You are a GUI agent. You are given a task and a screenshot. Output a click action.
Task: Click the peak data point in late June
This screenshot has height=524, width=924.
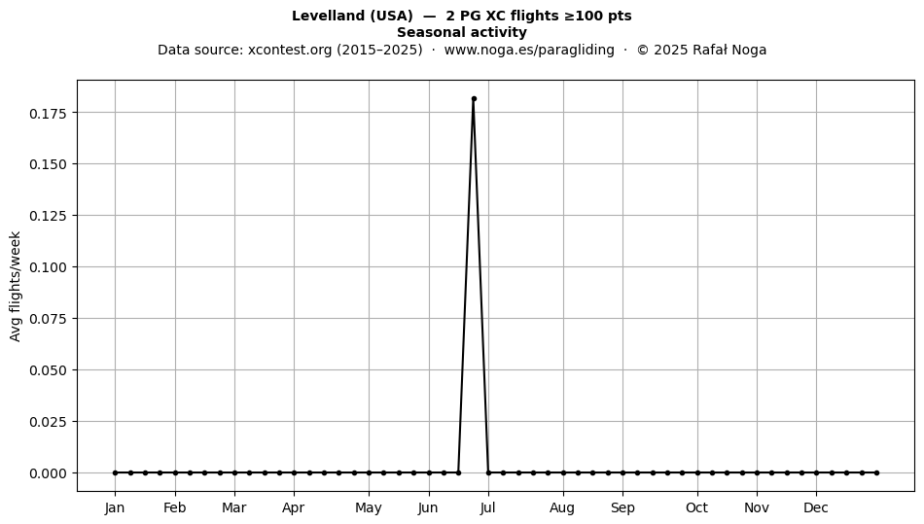[474, 99]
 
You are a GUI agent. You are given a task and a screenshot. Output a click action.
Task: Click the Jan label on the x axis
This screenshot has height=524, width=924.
[115, 508]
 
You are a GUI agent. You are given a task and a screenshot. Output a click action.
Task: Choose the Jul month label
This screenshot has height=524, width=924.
[487, 508]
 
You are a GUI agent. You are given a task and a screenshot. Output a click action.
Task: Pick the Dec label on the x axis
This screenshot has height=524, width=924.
[816, 508]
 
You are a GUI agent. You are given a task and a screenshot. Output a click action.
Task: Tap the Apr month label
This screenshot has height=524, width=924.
[294, 508]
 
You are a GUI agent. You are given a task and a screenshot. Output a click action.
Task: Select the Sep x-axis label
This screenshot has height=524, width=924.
[622, 508]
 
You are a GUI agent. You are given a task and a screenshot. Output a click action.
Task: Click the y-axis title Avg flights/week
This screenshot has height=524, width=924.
[16, 286]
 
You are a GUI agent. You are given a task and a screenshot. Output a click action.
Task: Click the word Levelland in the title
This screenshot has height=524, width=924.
[329, 16]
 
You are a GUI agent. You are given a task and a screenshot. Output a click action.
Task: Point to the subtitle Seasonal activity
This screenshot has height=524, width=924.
[462, 32]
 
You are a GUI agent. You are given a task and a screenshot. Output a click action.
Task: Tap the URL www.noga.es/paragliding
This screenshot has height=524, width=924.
[529, 50]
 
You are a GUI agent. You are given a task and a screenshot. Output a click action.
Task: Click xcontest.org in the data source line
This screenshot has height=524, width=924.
[290, 50]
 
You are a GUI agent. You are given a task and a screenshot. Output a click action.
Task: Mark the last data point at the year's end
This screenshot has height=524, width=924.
[877, 472]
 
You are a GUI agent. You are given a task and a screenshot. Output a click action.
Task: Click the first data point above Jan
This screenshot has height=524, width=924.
[115, 472]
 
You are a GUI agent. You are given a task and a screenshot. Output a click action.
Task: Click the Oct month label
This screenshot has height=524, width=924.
[697, 508]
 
